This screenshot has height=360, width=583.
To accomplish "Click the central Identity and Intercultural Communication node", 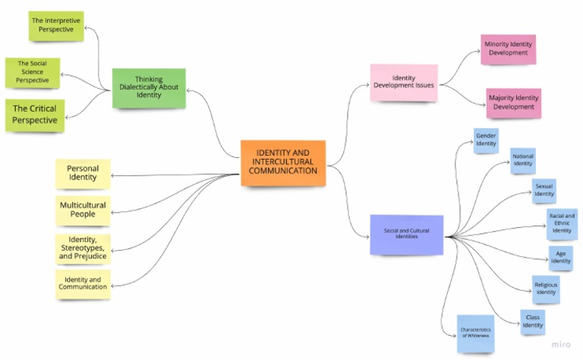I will pyautogui.click(x=283, y=162).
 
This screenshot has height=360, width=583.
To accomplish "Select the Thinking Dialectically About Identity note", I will pyautogui.click(x=149, y=87).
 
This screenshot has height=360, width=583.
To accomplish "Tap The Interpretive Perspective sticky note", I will pyautogui.click(x=57, y=25).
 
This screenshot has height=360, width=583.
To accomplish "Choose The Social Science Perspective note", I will pyautogui.click(x=33, y=71).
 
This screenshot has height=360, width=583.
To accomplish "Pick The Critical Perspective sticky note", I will pyautogui.click(x=34, y=115).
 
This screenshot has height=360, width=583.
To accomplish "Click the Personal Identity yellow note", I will pyautogui.click(x=82, y=173).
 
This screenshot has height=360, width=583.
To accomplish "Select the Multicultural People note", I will pyautogui.click(x=82, y=210).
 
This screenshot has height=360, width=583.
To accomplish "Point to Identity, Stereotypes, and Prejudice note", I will pyautogui.click(x=82, y=248).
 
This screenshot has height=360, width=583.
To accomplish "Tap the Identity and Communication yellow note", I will pyautogui.click(x=82, y=283).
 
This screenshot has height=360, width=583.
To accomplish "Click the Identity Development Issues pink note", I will pyautogui.click(x=403, y=82).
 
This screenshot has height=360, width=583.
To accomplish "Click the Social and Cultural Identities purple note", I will pyautogui.click(x=406, y=233).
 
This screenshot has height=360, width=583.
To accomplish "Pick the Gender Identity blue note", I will pyautogui.click(x=486, y=141).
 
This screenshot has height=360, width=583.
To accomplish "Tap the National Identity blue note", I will pyautogui.click(x=523, y=160).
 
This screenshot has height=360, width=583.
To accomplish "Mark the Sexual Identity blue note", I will pyautogui.click(x=544, y=190).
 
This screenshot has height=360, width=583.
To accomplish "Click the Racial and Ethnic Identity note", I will pyautogui.click(x=561, y=224).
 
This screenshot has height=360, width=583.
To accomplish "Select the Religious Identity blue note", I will pyautogui.click(x=545, y=289).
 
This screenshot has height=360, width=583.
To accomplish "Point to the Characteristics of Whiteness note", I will pyautogui.click(x=475, y=333).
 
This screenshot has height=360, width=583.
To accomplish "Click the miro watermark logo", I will pyautogui.click(x=561, y=344).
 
